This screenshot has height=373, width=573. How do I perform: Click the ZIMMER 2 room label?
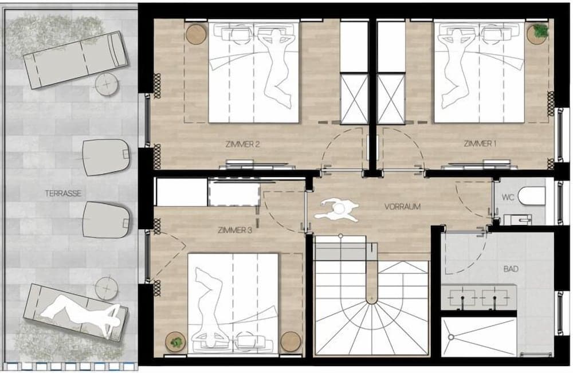243,144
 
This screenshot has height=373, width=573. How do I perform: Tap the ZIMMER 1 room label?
480,144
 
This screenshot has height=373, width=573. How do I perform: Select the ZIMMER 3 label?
235,230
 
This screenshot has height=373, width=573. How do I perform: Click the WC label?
508,197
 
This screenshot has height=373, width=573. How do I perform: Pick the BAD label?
511,268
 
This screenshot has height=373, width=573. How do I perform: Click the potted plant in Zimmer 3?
176,343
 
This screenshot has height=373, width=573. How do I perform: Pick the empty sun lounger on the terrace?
74,60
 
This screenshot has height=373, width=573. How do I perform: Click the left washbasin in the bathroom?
461,298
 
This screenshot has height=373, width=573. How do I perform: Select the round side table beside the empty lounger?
107,85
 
